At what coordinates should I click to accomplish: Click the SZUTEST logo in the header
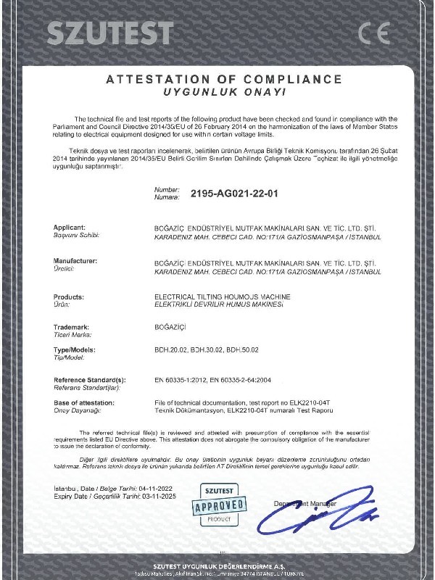click(110, 33)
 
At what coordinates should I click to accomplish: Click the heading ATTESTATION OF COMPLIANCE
click(223, 79)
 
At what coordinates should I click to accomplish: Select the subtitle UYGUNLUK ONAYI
click(223, 93)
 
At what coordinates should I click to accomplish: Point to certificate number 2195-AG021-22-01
click(234, 194)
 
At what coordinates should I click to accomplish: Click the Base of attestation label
click(86, 402)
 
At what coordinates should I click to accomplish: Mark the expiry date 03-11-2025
click(159, 497)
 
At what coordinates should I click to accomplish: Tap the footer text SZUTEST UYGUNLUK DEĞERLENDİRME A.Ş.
click(217, 565)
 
